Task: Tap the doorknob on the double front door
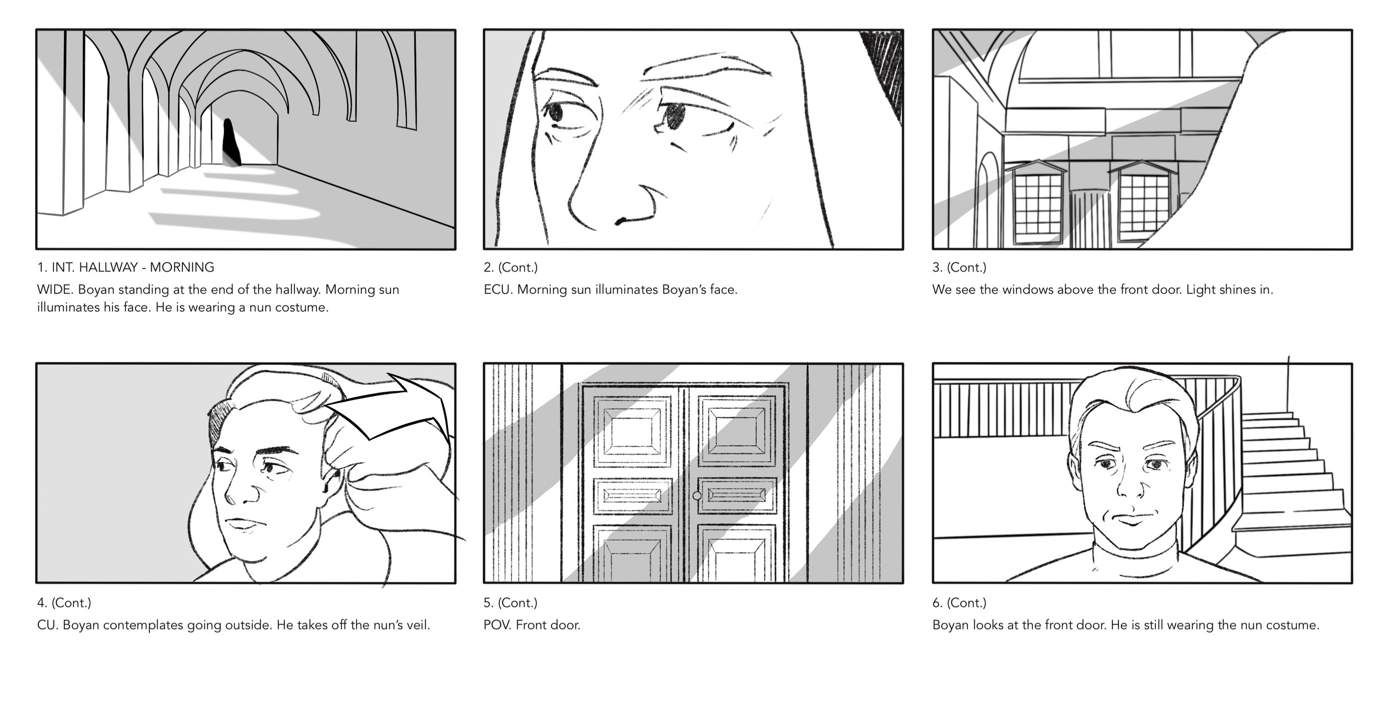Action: click(697, 496)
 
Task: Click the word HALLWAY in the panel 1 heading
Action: click(108, 268)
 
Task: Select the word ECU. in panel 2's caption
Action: click(498, 290)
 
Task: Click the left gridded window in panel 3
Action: click(1037, 204)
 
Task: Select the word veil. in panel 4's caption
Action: click(417, 625)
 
